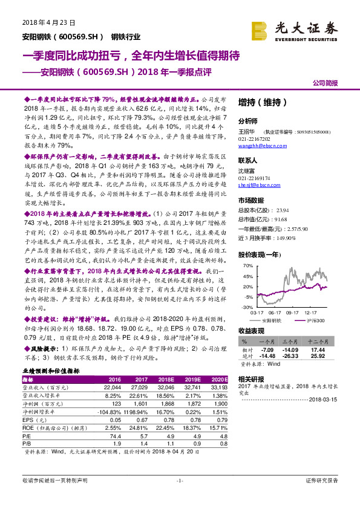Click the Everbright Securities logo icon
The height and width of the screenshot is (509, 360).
(x=260, y=28)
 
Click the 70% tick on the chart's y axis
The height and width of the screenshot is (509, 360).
(x=248, y=266)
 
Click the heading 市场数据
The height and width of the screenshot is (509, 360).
(x=252, y=200)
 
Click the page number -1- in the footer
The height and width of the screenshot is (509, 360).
(x=179, y=497)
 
